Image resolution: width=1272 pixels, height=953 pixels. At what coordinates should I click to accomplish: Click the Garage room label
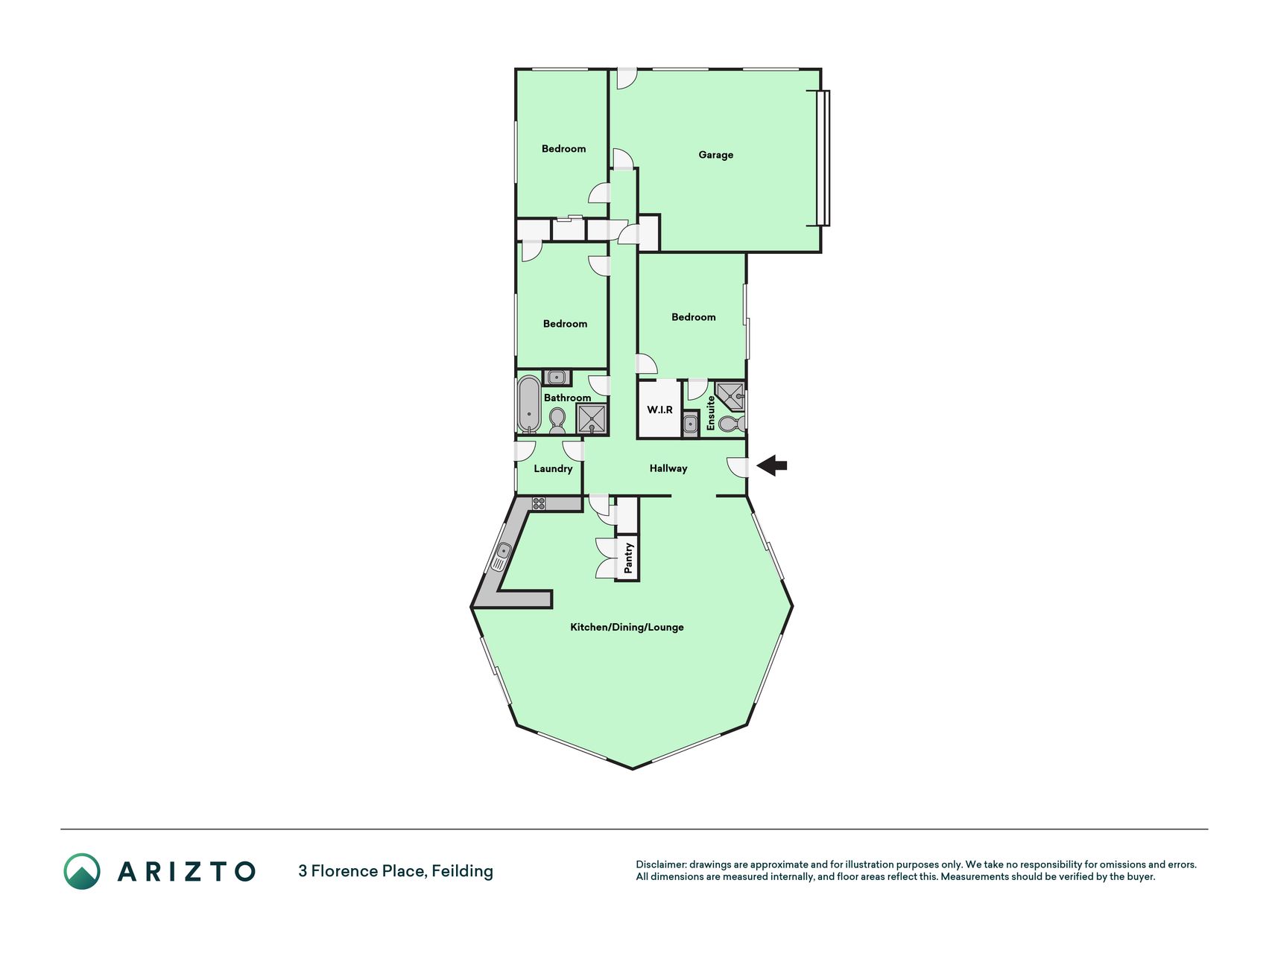(715, 155)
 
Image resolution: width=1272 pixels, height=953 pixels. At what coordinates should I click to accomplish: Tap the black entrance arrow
(772, 466)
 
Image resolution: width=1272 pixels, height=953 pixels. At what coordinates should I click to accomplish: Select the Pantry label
(628, 558)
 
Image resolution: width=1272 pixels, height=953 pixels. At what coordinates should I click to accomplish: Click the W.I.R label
(659, 410)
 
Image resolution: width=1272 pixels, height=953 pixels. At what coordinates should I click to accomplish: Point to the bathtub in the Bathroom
(528, 404)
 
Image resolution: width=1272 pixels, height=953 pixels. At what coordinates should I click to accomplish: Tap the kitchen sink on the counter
(502, 555)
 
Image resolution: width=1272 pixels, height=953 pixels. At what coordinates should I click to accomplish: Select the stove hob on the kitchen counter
(539, 503)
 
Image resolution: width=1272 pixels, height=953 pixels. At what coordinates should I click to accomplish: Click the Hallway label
(668, 468)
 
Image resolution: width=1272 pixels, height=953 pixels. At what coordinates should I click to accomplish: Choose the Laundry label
(553, 468)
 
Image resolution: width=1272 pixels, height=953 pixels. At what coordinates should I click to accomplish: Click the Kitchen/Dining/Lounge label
(627, 627)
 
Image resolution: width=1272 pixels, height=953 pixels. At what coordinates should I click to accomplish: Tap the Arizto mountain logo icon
(82, 871)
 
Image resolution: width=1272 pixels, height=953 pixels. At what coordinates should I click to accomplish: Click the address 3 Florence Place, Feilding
(396, 871)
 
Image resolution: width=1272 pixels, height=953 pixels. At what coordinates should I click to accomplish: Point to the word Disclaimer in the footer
(660, 864)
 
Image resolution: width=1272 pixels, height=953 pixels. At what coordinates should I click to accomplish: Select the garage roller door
(823, 158)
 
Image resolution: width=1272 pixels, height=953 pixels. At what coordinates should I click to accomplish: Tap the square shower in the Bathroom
(592, 419)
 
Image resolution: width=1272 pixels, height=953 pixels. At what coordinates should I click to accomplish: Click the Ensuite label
(711, 412)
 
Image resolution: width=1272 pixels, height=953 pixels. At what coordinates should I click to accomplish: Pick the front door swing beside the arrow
(738, 467)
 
